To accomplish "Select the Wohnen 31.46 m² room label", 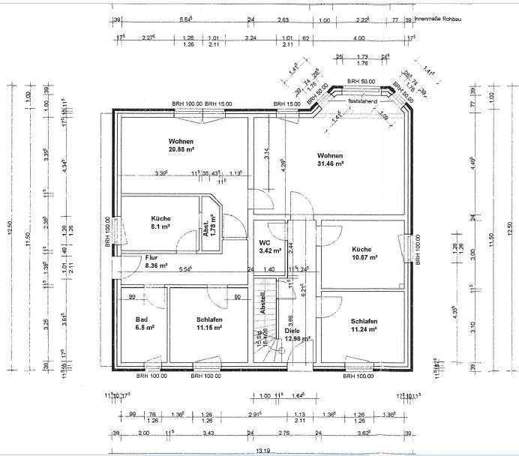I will click(x=329, y=157).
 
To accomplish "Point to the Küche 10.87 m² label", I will click(x=363, y=252).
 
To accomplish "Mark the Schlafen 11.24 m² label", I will click(x=365, y=324).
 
